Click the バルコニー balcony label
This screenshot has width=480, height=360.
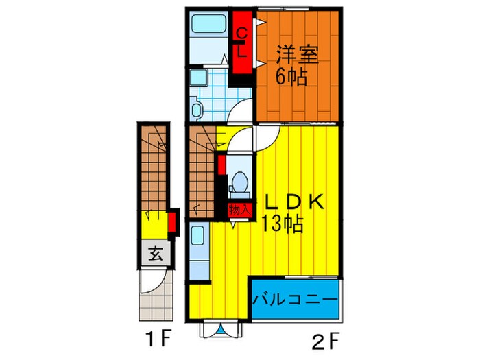pos(296,300)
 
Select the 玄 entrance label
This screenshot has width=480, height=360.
pos(155,254)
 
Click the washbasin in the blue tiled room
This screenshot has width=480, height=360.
pos(198,77)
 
